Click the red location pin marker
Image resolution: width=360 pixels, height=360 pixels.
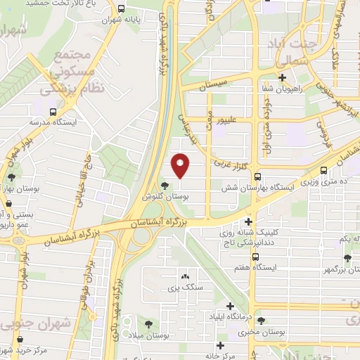coord(181,165)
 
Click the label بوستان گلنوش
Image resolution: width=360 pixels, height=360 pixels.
coord(159,198)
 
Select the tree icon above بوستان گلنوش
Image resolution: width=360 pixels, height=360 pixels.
coord(165,186)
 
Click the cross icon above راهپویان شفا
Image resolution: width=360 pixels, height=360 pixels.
coord(283,77)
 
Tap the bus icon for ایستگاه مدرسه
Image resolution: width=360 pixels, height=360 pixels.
coord(53,112)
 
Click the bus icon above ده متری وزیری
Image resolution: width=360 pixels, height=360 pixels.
coord(323,170)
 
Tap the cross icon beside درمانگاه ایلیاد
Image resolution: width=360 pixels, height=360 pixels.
coord(231,306)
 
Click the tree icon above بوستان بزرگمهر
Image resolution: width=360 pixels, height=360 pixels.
coord(347,258)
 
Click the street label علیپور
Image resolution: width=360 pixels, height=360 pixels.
coord(233,121)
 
